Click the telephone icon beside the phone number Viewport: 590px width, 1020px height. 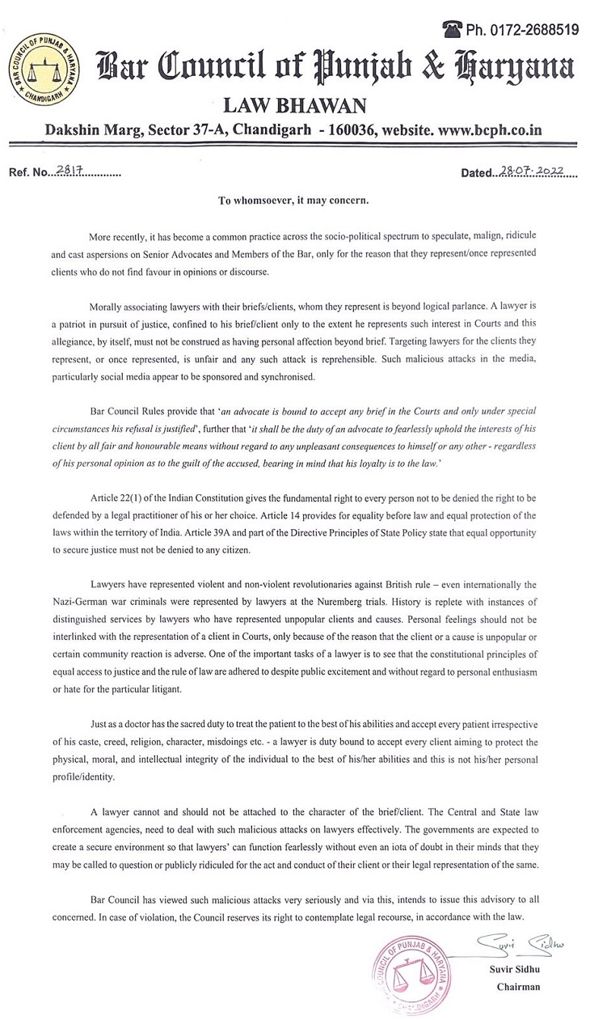[452, 29]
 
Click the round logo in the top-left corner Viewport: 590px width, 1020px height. [35, 66]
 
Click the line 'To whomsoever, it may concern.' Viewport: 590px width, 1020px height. [293, 201]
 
